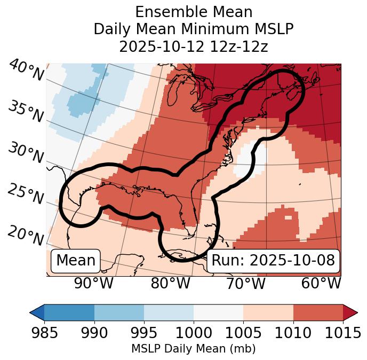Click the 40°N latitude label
pyautogui.click(x=26, y=70)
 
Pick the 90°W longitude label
pyautogui.click(x=94, y=284)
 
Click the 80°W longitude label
pyautogui.click(x=170, y=284)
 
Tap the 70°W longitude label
pyautogui.click(x=245, y=284)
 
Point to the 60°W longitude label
pyautogui.click(x=321, y=284)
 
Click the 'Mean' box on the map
pyautogui.click(x=76, y=261)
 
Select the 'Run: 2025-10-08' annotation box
pyautogui.click(x=273, y=261)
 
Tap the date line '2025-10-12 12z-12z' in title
pyautogui.click(x=194, y=46)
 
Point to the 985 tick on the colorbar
pyautogui.click(x=44, y=333)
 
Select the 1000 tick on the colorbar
pyautogui.click(x=194, y=333)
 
